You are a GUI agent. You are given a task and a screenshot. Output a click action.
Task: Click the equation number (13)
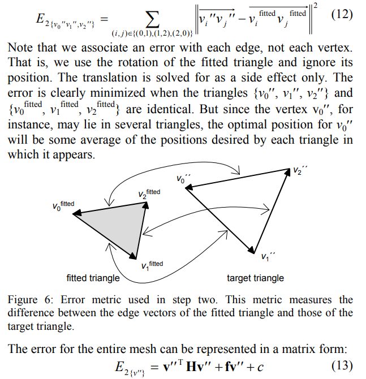click(x=343, y=365)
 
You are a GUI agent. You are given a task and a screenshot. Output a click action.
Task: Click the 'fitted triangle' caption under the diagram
click(x=93, y=278)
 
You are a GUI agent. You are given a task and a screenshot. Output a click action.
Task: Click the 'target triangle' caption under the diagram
click(x=256, y=278)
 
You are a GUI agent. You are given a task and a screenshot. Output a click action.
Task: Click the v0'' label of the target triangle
click(x=184, y=179)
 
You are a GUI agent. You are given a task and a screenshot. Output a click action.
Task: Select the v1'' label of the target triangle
click(x=269, y=257)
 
